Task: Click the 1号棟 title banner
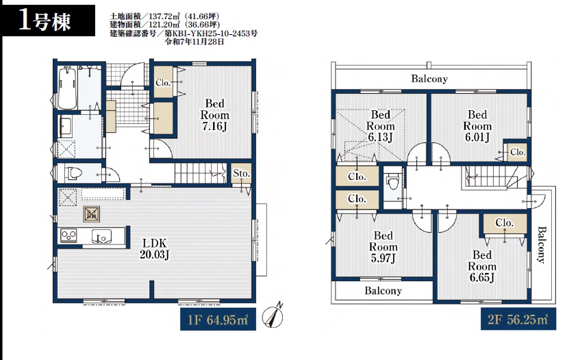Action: tap(48, 21)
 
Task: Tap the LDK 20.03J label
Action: tap(155, 248)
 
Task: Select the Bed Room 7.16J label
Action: tap(214, 114)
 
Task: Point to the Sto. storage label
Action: tap(241, 173)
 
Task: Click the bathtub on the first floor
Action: tap(68, 88)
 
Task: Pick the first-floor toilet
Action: tap(73, 173)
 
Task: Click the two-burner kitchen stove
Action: tap(68, 235)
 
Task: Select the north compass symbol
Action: tap(273, 316)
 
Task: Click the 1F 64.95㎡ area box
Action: tap(218, 319)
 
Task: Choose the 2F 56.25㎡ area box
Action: tap(518, 319)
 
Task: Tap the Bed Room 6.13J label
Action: tap(381, 126)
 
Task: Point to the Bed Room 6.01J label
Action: tap(477, 126)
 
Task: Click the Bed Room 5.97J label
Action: tap(383, 246)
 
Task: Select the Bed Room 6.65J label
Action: tap(482, 266)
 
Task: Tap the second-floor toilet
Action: tap(392, 182)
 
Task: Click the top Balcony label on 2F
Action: tap(429, 79)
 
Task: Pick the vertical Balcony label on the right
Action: tap(542, 244)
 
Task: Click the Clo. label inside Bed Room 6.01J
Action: tap(518, 152)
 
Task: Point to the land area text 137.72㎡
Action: tap(164, 16)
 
